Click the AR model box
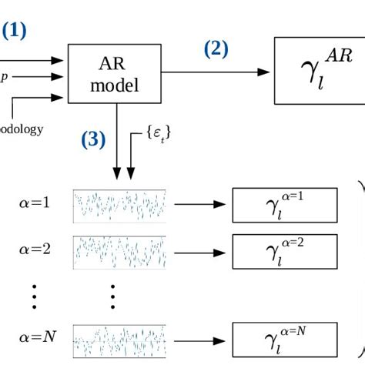(x=115, y=74)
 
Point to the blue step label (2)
(x=216, y=49)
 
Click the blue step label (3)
(x=93, y=141)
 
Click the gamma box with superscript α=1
(x=284, y=204)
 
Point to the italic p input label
(x=4, y=76)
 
